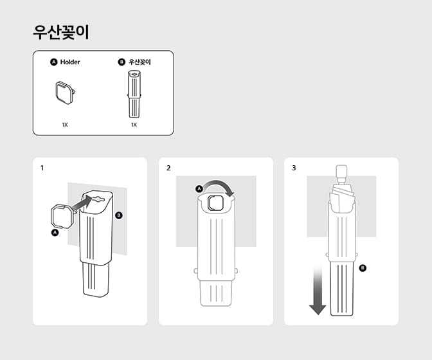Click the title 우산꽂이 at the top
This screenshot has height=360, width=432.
[61, 33]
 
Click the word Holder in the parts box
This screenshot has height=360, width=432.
[70, 62]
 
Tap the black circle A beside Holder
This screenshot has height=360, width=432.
[54, 62]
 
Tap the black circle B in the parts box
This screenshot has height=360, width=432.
[122, 62]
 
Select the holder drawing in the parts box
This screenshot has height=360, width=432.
[64, 93]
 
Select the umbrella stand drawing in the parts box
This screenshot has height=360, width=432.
[134, 93]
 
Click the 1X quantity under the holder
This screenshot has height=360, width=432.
[65, 125]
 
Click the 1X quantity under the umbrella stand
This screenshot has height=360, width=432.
[134, 125]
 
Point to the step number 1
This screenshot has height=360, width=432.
[42, 168]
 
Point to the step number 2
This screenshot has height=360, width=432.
[168, 168]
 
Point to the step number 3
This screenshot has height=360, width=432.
[294, 168]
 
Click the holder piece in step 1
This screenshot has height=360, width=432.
[62, 216]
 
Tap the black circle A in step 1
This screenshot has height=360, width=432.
[55, 233]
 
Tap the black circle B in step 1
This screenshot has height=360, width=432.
[118, 215]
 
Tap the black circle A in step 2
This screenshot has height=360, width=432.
[199, 189]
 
